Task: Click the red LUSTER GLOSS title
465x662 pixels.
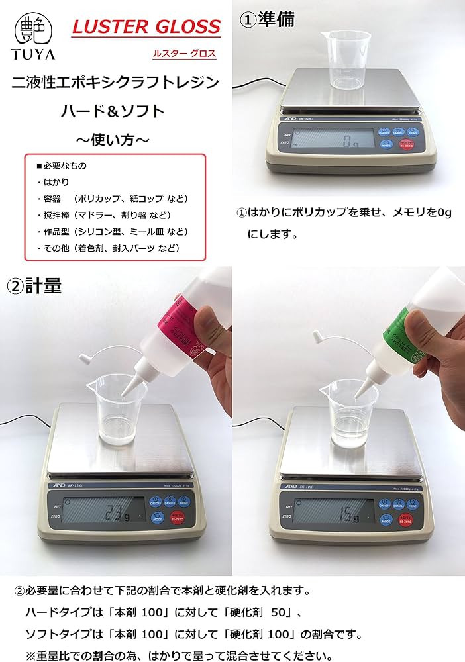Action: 146,27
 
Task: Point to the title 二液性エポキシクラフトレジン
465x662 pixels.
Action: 116,83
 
